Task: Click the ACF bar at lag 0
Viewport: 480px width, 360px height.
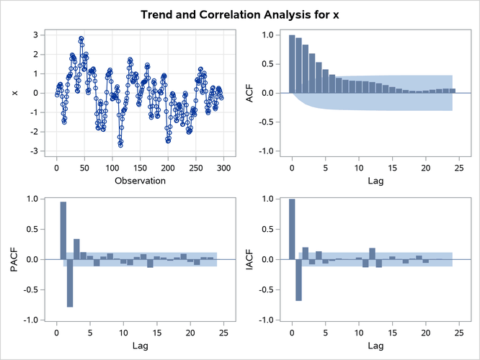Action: coord(292,64)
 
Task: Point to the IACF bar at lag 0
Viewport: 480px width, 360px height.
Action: coord(292,229)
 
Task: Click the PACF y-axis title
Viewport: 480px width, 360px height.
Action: coord(13,259)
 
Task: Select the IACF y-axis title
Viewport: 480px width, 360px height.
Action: coord(249,259)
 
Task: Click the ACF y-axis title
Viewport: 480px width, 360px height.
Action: coord(249,93)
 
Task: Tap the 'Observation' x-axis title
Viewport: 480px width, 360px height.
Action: coord(140,181)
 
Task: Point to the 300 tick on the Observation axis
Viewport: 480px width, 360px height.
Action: coord(223,168)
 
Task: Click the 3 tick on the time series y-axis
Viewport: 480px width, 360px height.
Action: coord(35,35)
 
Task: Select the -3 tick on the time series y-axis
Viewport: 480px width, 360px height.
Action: coord(33,151)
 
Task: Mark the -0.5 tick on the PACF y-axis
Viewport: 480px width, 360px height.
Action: coord(31,289)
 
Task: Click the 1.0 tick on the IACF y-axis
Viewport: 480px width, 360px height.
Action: coord(269,199)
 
